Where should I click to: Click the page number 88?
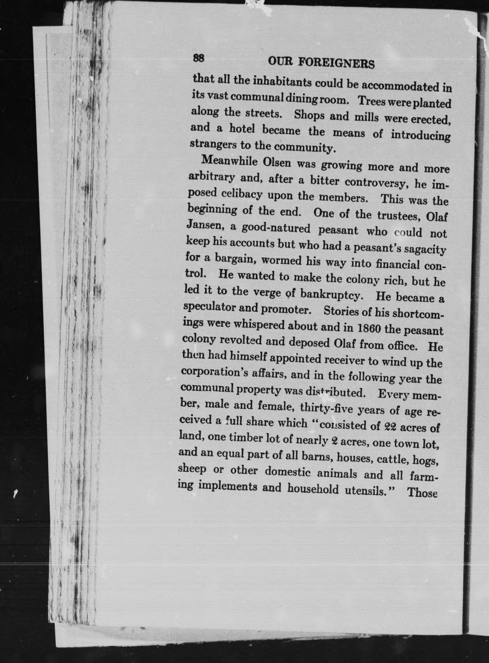(198, 58)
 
